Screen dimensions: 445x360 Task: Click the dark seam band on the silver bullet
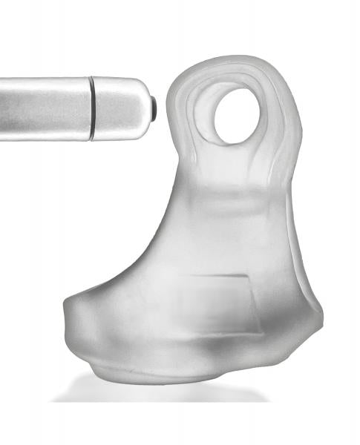pos(92,108)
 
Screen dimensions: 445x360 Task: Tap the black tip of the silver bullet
pos(153,108)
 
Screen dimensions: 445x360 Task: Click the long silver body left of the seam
pos(45,108)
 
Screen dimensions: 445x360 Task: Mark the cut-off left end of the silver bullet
pos(3,108)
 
